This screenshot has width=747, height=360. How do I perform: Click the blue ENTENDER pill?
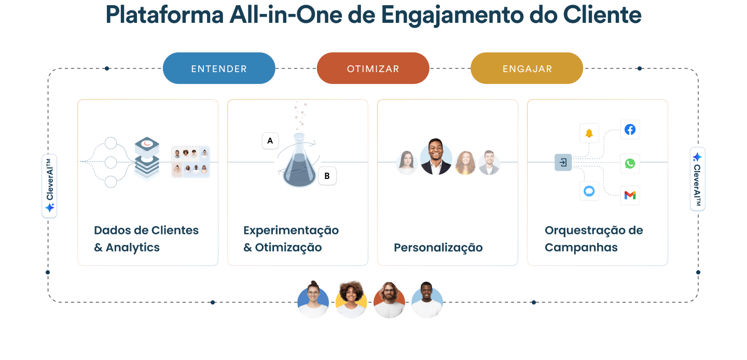point(219,68)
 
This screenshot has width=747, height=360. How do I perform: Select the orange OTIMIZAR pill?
point(373,68)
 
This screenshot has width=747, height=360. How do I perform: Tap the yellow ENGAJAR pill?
point(527,68)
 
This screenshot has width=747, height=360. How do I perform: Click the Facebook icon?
point(630,130)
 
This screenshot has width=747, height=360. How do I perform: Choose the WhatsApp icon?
point(630,163)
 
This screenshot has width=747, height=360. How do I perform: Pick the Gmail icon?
point(630,195)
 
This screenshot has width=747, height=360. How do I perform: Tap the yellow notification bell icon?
point(589,133)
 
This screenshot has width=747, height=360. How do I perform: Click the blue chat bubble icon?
point(589,191)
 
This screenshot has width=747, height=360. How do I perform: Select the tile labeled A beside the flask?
point(270,141)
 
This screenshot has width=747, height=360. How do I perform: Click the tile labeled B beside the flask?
point(327,176)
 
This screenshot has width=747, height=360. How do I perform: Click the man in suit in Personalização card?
point(436,157)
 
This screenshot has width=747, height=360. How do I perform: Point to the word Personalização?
point(438,248)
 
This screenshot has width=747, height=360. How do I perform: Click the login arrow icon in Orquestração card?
point(563,163)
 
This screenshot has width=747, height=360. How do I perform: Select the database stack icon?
point(147,158)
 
